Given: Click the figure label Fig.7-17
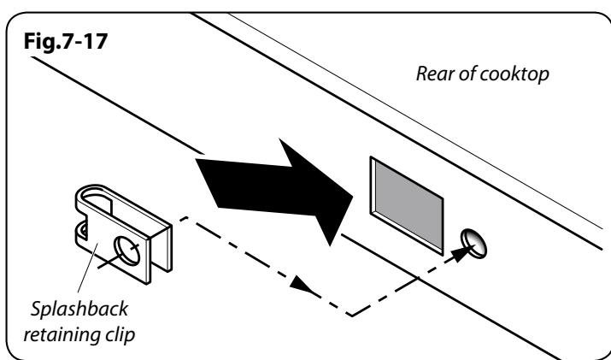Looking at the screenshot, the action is point(66,41).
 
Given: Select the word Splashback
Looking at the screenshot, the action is point(79,309).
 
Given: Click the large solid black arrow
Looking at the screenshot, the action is point(274,191).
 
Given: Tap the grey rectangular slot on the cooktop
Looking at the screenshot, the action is point(407,205).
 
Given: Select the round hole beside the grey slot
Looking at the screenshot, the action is point(473,244).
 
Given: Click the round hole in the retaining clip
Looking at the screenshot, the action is point(126,251).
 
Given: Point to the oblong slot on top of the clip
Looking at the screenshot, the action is point(97,200).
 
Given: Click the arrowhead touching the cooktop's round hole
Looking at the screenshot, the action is point(461,253).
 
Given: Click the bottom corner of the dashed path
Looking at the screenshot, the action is point(352,316).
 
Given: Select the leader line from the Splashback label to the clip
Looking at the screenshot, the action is point(88,268).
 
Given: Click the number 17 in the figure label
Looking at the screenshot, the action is point(95,41).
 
